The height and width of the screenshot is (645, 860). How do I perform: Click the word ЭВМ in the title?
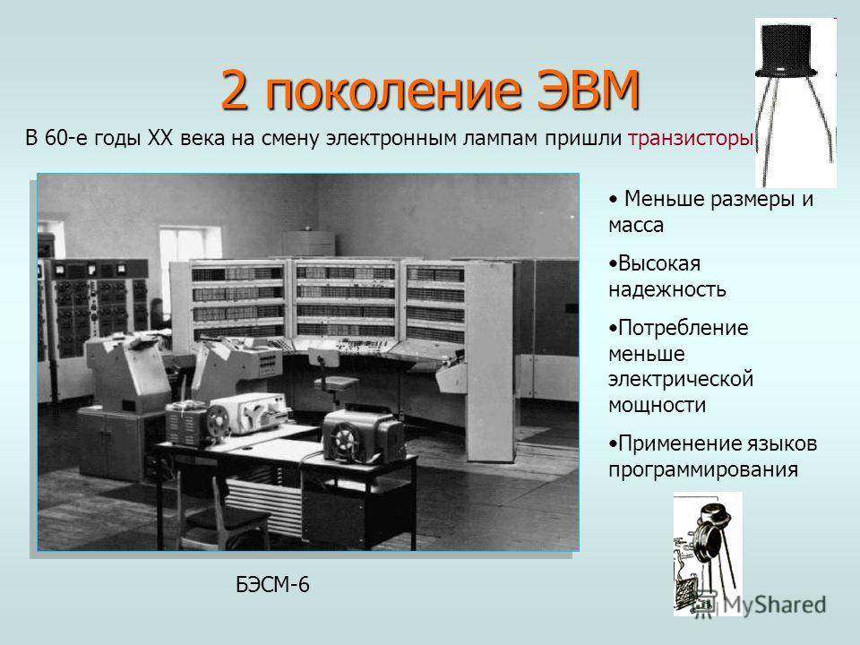[588, 90]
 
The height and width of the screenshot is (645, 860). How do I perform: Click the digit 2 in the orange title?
[235, 90]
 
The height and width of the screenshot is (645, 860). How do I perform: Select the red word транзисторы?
[690, 138]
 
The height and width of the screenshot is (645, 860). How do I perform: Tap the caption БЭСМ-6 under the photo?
[272, 585]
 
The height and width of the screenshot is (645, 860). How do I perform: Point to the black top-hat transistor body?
[786, 49]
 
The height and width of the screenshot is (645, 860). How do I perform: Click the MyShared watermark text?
[774, 605]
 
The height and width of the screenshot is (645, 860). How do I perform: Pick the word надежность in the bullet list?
[666, 289]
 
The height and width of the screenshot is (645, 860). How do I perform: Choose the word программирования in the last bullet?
[703, 469]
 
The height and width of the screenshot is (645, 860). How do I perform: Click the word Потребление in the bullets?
[683, 328]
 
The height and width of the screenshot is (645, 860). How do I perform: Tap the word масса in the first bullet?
[636, 226]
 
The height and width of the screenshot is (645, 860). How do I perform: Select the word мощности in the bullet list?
[657, 406]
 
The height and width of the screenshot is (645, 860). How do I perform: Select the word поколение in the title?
[392, 90]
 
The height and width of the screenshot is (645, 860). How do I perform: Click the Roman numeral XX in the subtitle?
[159, 138]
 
